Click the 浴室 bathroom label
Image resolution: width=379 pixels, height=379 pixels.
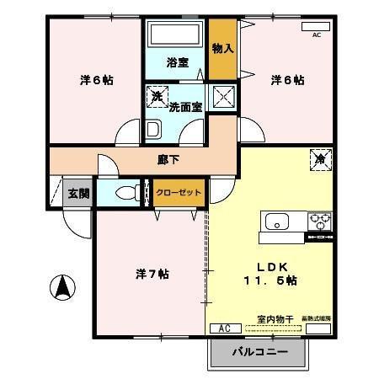176,61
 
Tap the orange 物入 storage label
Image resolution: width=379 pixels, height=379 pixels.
222,48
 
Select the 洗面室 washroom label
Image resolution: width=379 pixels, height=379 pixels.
185,107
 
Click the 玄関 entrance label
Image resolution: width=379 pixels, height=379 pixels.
78,193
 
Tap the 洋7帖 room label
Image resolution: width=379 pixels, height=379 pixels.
152,274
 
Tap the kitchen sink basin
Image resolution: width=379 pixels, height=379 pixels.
277,222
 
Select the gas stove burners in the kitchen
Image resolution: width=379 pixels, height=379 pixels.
320,222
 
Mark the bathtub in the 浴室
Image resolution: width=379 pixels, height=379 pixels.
175,35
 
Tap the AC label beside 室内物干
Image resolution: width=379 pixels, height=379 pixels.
224,328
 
